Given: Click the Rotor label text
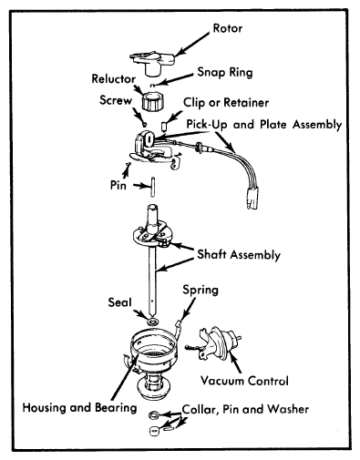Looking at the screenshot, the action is coord(228,28).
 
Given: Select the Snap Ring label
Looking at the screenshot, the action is coord(225,73).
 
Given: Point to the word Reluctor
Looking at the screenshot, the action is coord(114,79).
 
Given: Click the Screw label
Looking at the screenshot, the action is coord(116,100).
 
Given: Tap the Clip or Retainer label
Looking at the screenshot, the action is coord(226,103).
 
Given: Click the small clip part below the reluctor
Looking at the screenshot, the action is coord(164,126).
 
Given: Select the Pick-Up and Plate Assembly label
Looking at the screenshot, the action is coord(264,125).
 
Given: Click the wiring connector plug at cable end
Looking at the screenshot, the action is coord(252,200).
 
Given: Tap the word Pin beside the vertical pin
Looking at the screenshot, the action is coord(118,185).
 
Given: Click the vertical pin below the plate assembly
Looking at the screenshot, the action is coord(153,187).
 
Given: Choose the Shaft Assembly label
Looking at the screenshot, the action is coord(239,254).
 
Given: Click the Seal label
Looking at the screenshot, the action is coord(119,302).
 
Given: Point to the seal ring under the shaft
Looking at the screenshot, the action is coord(152,322).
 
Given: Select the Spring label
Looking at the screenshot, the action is coord(201,290).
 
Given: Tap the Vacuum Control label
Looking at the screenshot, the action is coord(244,381).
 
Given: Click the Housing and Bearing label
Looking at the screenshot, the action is coord(79,407).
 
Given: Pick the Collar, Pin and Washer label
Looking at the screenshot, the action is coord(245,409).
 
